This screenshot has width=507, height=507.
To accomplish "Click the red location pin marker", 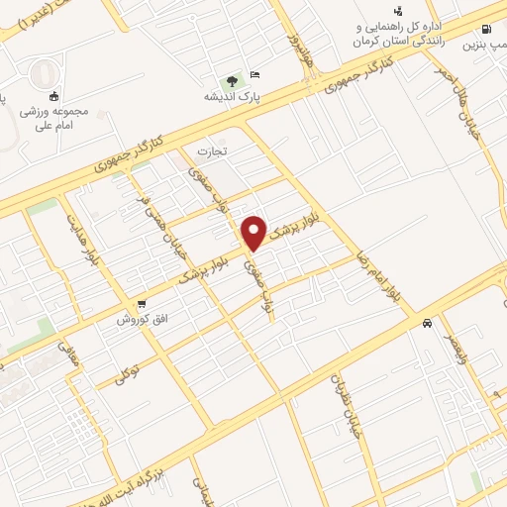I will [x=254, y=233].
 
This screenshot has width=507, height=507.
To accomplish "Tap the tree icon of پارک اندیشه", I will [x=232, y=81].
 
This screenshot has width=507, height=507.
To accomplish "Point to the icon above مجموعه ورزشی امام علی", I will [x=52, y=96].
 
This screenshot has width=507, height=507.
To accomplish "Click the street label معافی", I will [x=68, y=355].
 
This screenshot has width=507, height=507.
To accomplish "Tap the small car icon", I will [x=426, y=323].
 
